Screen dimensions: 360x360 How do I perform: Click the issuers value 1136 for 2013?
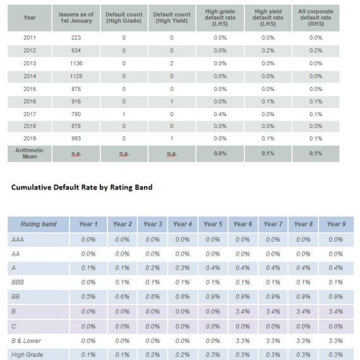pyautogui.click(x=76, y=63)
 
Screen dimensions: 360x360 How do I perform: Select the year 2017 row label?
pyautogui.click(x=30, y=114)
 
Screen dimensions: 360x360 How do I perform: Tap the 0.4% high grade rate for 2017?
pyautogui.click(x=220, y=114)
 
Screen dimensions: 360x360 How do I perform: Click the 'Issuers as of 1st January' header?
pyautogui.click(x=76, y=18)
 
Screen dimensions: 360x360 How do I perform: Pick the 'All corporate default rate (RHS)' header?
pyautogui.click(x=316, y=18)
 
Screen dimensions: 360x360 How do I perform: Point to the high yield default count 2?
pyautogui.click(x=172, y=63)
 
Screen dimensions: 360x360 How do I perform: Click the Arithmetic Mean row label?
pyautogui.click(x=30, y=153)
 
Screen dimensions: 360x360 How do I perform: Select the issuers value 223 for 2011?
pyautogui.click(x=76, y=38)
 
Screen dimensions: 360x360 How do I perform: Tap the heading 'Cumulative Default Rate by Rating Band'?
pyautogui.click(x=81, y=188)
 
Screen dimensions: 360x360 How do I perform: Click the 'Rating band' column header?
pyautogui.click(x=39, y=224)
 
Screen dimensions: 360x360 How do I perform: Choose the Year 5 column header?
pyautogui.click(x=213, y=224)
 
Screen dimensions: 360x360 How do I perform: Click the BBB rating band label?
pyautogui.click(x=18, y=282)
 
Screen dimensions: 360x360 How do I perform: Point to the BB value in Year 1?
pyautogui.click(x=88, y=297)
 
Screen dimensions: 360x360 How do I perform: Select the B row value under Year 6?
pyautogui.click(x=243, y=311)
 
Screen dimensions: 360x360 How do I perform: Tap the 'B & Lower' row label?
pyautogui.click(x=26, y=340)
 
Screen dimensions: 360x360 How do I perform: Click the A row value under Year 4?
pyautogui.click(x=183, y=268)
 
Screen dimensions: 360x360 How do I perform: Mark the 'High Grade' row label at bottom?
pyautogui.click(x=27, y=355)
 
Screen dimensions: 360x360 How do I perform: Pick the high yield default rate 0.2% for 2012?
pyautogui.click(x=268, y=51)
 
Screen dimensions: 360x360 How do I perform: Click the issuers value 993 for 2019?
pyautogui.click(x=76, y=138)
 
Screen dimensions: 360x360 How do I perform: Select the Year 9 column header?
pyautogui.click(x=336, y=224)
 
